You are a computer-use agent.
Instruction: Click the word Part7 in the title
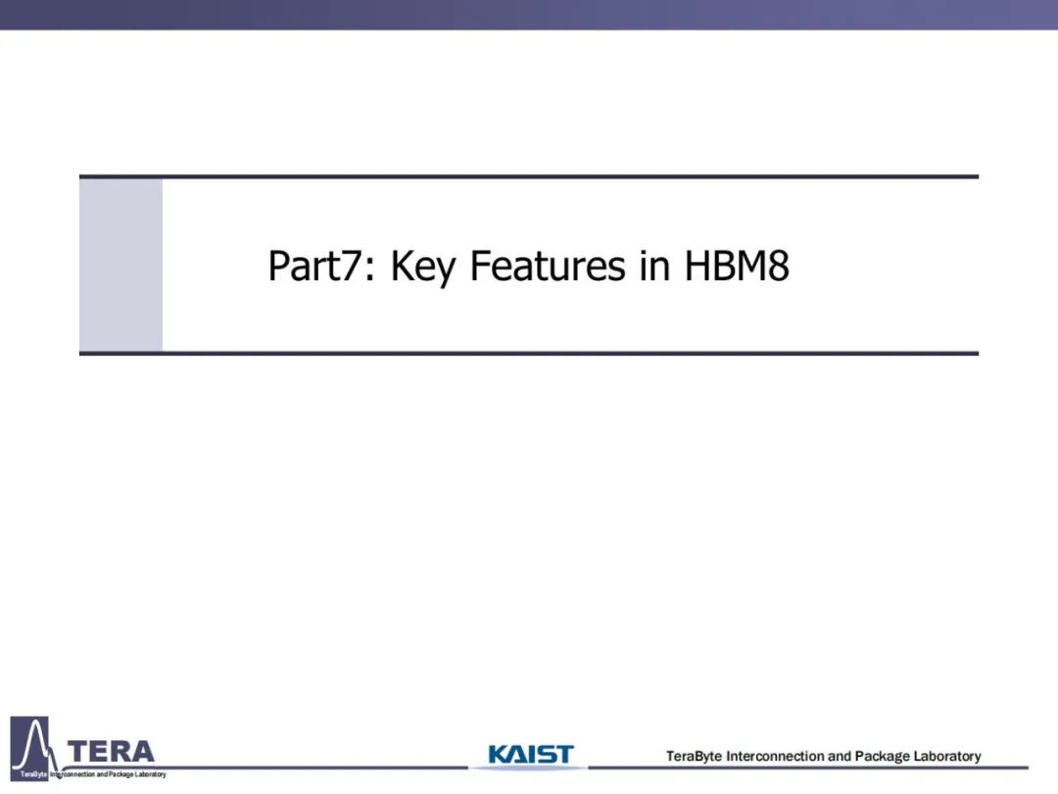[x=315, y=266]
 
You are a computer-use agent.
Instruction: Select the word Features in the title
[x=548, y=266]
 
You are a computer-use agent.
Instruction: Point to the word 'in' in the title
[x=655, y=266]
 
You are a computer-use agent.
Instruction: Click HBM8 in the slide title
[x=737, y=266]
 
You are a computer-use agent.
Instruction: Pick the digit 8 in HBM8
[x=779, y=266]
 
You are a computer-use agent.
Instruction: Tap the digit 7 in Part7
[x=353, y=266]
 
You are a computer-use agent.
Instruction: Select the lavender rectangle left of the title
[x=121, y=265]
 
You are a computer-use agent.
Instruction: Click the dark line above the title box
[x=529, y=176]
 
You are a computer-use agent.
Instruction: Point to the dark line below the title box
[x=529, y=353]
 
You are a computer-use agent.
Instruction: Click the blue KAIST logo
[x=530, y=754]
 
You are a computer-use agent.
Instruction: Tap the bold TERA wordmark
[x=112, y=752]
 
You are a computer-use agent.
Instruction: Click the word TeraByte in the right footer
[x=694, y=756]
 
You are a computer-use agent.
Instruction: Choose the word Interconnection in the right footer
[x=775, y=756]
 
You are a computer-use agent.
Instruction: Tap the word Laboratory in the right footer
[x=947, y=757]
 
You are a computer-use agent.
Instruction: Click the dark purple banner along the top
[x=529, y=14]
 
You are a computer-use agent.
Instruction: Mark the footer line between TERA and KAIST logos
[x=317, y=768]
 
